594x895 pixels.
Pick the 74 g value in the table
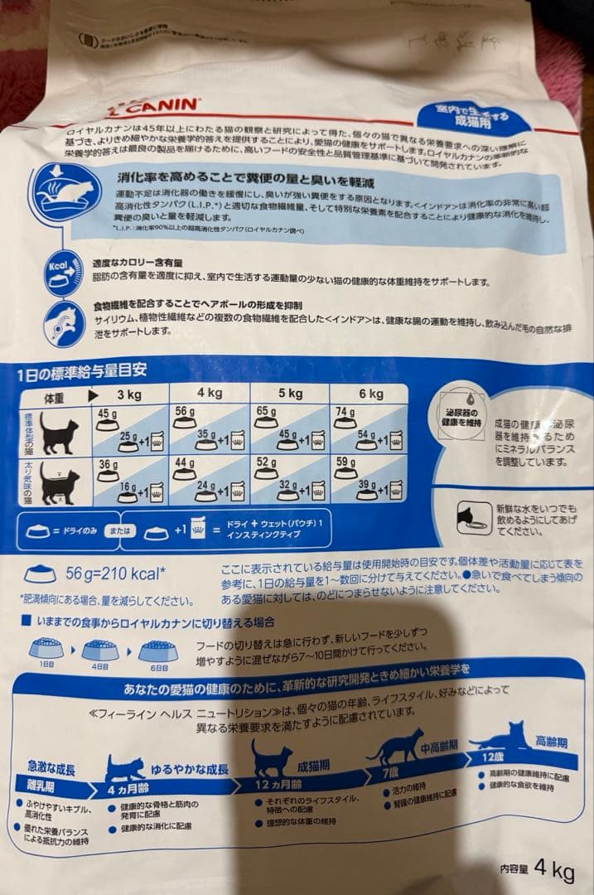click(346, 413)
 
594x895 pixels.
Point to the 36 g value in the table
click(108, 465)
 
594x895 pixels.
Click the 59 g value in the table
click(346, 463)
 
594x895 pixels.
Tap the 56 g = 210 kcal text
click(116, 573)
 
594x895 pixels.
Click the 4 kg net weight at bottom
click(554, 871)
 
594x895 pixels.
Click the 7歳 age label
click(392, 772)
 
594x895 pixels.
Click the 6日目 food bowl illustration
click(157, 651)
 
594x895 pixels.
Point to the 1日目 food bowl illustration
click(46, 650)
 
